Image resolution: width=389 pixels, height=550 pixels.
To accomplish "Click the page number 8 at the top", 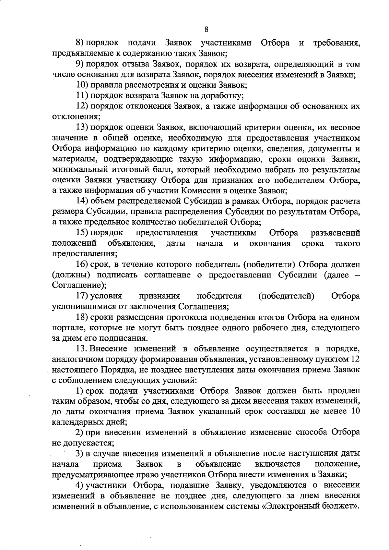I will click(x=206, y=30).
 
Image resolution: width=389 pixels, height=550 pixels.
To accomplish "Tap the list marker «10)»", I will click(x=82, y=85).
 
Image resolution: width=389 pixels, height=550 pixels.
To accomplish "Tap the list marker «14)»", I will click(x=82, y=201).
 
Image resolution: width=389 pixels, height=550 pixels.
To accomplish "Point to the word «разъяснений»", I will click(x=336, y=233).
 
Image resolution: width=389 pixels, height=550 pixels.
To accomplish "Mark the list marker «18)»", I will click(x=82, y=317).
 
